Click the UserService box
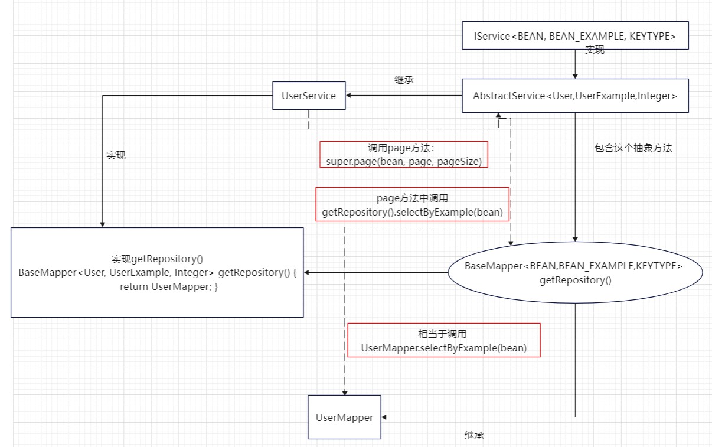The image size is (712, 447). point(309,96)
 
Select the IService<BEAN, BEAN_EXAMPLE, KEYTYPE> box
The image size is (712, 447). point(574,37)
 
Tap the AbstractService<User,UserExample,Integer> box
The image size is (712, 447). point(574,96)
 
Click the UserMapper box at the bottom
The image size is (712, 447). point(344,417)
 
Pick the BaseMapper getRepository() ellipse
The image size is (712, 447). point(574,272)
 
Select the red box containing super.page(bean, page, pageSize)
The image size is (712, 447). point(404,155)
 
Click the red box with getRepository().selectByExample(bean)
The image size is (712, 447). point(412,205)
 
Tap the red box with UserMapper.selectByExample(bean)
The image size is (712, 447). point(443,340)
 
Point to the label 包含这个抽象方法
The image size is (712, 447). point(633,148)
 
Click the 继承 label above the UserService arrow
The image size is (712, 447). point(404,80)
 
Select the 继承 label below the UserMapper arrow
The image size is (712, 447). point(474,436)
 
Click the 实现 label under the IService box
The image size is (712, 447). point(595,50)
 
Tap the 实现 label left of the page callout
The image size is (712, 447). point(116,156)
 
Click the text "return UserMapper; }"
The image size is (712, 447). point(169,286)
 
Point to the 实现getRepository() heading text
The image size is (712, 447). point(157,259)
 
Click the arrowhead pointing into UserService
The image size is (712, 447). point(350,96)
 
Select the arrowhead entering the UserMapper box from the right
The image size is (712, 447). point(385,417)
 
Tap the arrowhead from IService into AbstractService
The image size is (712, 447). point(574,75)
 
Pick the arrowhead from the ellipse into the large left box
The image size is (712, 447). point(308,272)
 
